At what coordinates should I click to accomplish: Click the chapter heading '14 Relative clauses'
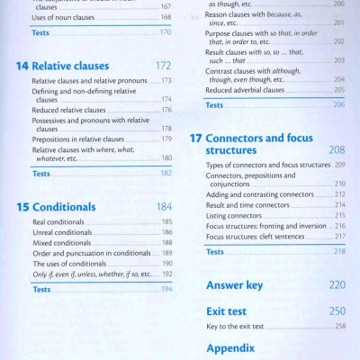click(62, 66)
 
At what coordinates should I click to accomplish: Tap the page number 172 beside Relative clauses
click(163, 66)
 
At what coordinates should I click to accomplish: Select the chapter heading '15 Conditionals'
click(57, 206)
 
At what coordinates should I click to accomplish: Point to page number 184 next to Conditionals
click(163, 206)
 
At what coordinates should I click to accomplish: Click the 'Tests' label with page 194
click(41, 289)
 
